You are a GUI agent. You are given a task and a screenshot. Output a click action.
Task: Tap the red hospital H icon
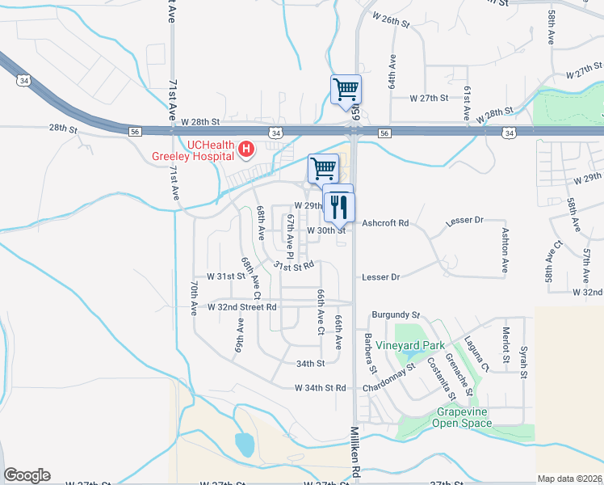pos(247,148)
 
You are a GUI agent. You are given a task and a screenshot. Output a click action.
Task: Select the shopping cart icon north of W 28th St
pos(346,89)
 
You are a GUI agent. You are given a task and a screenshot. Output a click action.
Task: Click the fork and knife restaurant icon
pos(339,208)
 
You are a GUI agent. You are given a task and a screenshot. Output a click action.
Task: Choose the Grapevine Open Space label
pos(461,417)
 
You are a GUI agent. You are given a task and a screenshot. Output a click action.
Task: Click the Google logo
pos(27,475)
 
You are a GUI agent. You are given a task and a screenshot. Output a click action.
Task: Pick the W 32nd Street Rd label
pos(241,307)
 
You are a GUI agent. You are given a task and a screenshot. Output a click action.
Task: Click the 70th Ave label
pos(195,297)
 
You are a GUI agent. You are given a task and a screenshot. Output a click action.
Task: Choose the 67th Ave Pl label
pos(288,236)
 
